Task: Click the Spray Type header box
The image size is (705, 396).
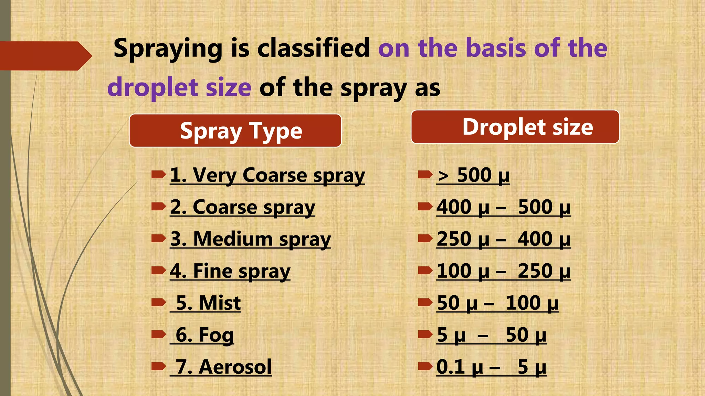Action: pyautogui.click(x=235, y=131)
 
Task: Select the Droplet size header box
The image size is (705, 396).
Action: pyautogui.click(x=515, y=127)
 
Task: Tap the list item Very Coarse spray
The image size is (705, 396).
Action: pyautogui.click(x=267, y=175)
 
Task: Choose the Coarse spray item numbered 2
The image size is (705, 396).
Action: pyautogui.click(x=242, y=207)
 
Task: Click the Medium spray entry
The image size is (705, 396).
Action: pyautogui.click(x=250, y=239)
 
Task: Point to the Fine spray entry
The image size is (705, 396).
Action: pyautogui.click(x=230, y=271)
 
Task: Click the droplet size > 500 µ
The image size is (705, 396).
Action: pyautogui.click(x=473, y=175)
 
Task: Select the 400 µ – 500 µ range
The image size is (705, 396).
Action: pyautogui.click(x=503, y=207)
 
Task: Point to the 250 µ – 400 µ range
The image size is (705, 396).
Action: pyautogui.click(x=503, y=239)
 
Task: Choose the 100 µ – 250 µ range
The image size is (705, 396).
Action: pyautogui.click(x=503, y=271)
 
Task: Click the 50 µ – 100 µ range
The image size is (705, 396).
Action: pyautogui.click(x=497, y=303)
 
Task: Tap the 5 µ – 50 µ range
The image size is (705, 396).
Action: pyautogui.click(x=491, y=335)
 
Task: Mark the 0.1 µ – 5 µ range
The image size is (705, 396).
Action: pyautogui.click(x=491, y=367)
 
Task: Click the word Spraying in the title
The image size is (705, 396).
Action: pyautogui.click(x=168, y=49)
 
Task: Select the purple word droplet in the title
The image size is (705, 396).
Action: pyautogui.click(x=152, y=87)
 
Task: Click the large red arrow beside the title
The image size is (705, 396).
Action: pyautogui.click(x=45, y=56)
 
